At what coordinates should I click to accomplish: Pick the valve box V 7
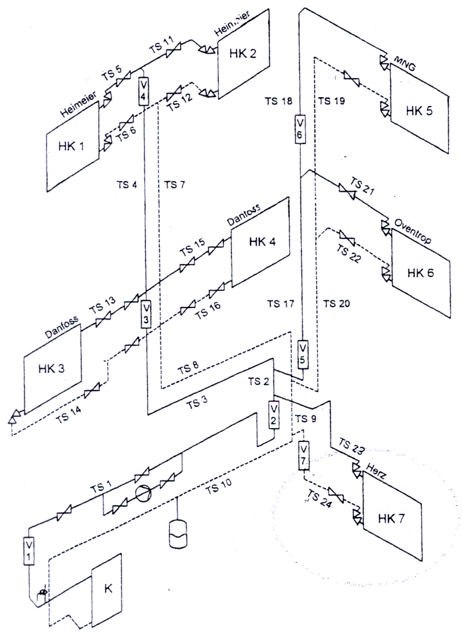click(303, 456)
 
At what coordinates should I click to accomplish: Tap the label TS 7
click(174, 184)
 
